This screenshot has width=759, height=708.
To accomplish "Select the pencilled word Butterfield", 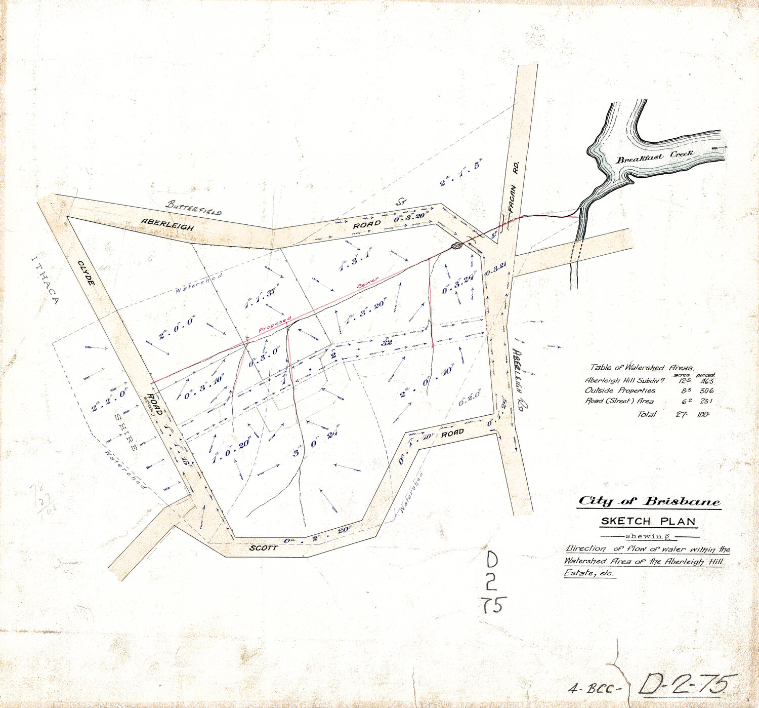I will pos(194,208).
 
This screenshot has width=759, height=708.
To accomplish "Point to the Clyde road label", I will pos(87,272).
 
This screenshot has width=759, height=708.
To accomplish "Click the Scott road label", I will pos(263,548).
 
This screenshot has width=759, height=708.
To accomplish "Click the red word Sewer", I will pos(368,283).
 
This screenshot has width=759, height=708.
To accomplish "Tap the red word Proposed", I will pos(275,325).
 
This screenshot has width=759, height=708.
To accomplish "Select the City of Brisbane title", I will pos(649,501).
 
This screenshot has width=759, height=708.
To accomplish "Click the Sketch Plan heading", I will pos(648,521).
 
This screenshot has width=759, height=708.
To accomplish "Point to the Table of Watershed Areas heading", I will pos(642,367).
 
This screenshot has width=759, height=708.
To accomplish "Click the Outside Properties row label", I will pos(620,390).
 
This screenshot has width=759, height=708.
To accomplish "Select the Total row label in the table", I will pos(647,414).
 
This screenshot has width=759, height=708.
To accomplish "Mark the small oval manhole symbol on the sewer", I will pos(456,246).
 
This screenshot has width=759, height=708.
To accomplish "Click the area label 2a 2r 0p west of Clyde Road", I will pos(109,400).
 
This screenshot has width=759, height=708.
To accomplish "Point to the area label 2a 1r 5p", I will pos(461,172).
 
